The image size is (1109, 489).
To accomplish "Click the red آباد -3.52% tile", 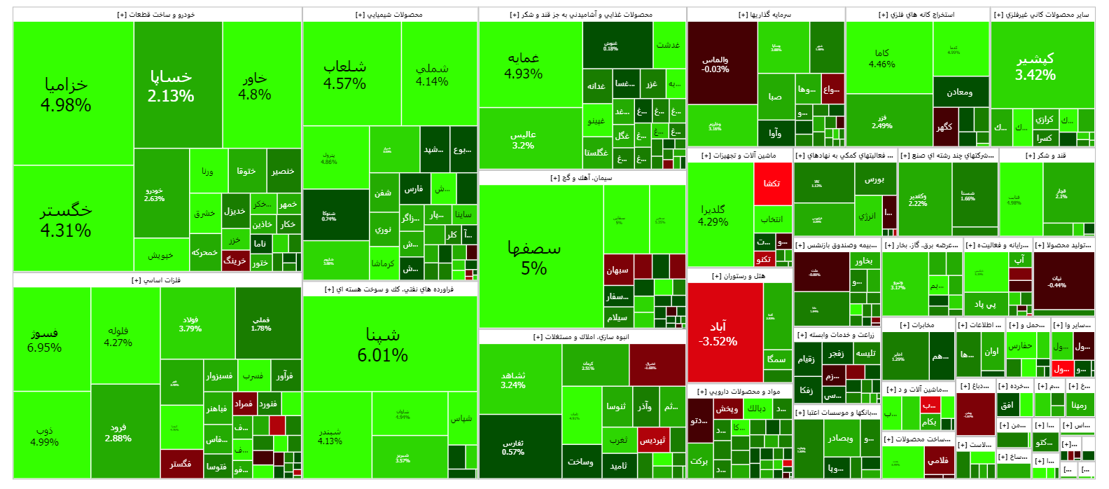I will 725,333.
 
